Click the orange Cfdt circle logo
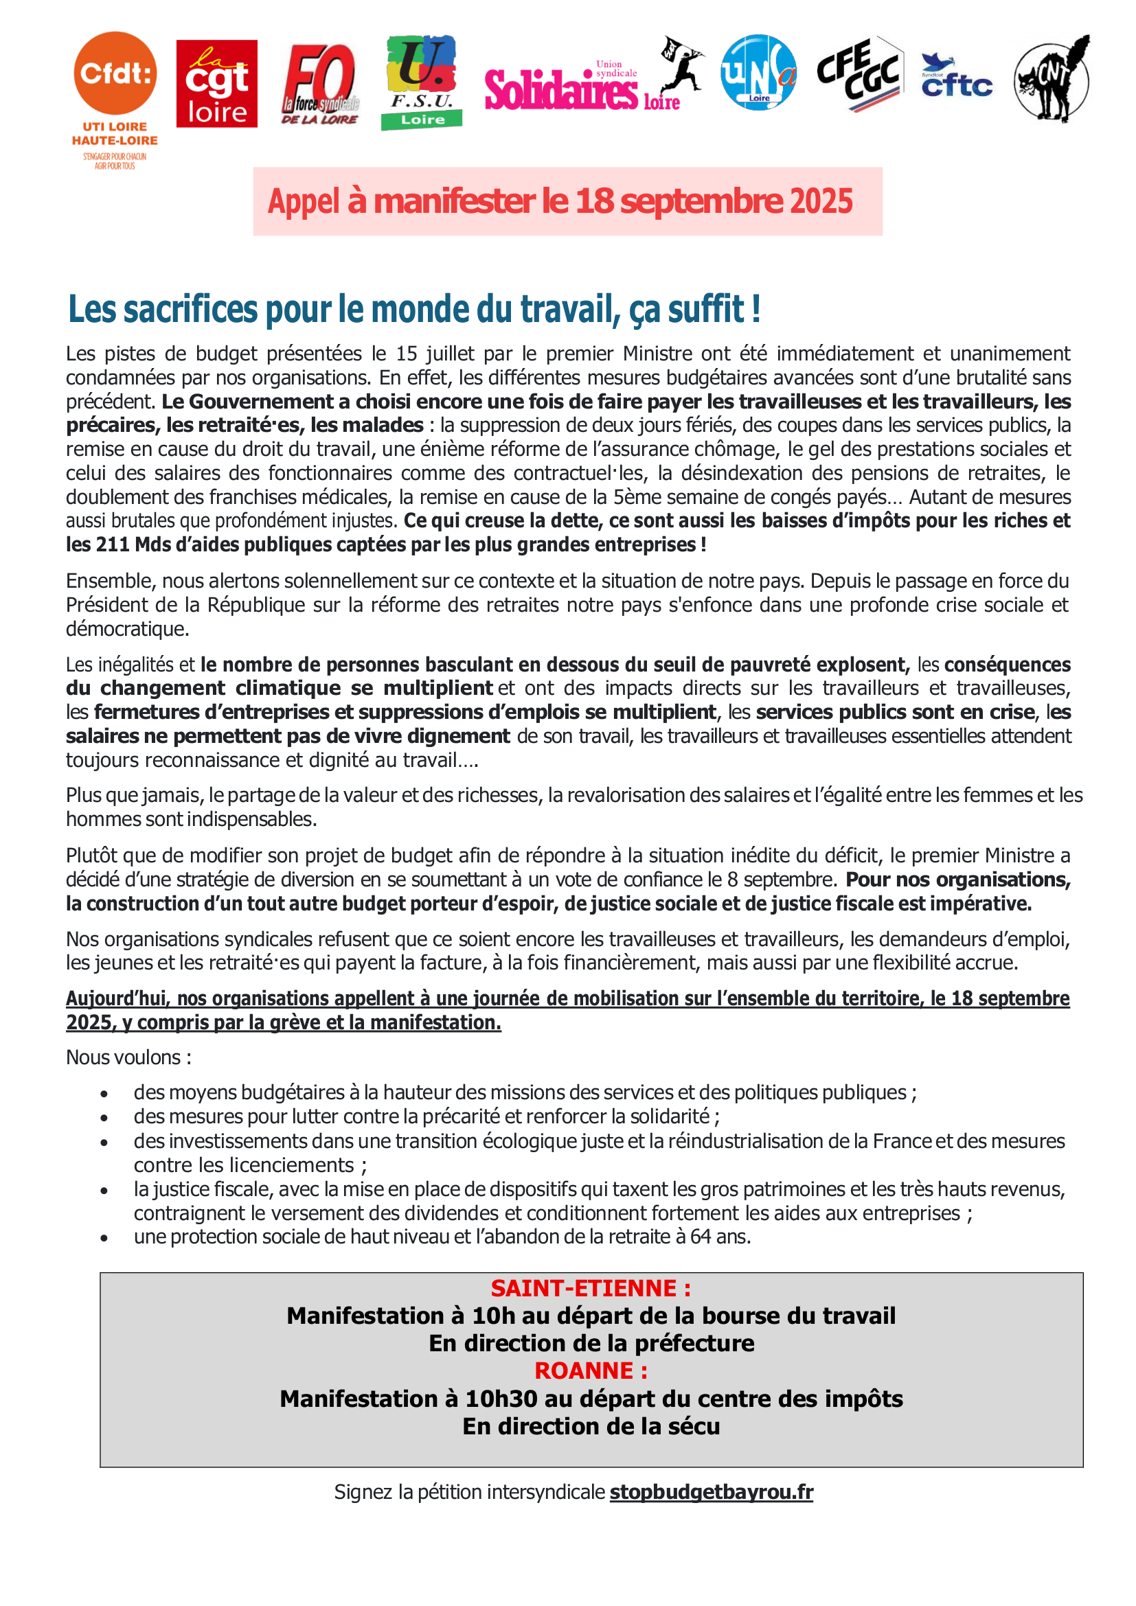[115, 73]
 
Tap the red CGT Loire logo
[217, 84]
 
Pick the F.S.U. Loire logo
[422, 82]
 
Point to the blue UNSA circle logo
[758, 73]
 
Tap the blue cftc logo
[956, 77]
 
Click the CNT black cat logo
[1052, 79]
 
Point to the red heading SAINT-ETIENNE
[591, 1288]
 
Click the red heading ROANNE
[591, 1371]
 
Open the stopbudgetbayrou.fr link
[712, 1493]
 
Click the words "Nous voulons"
[124, 1057]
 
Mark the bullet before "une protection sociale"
[104, 1238]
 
